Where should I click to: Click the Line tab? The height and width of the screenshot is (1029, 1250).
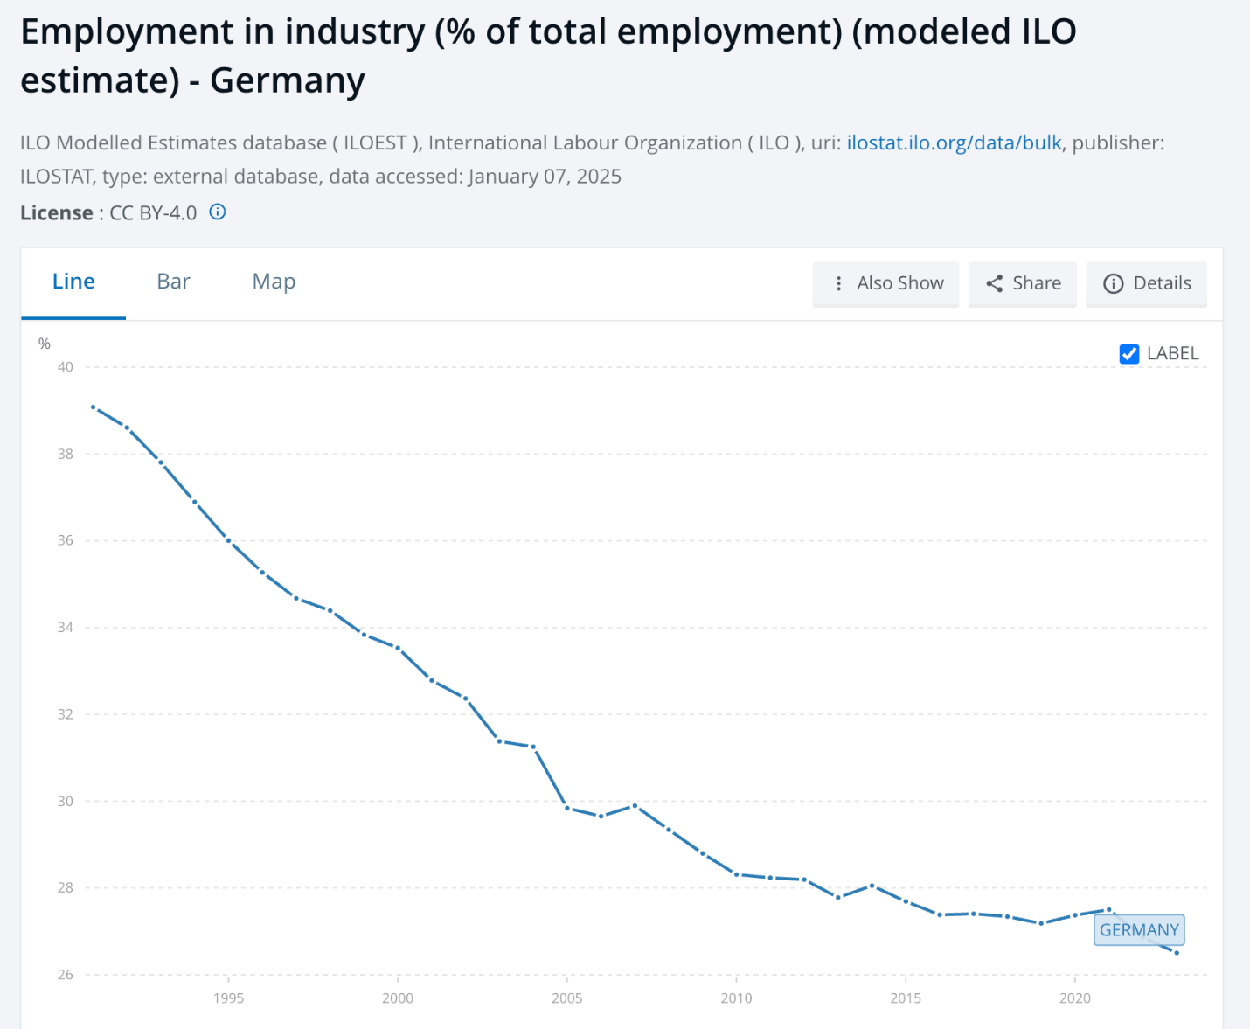coord(73,282)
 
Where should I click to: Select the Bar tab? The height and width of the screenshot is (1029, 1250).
coord(173,282)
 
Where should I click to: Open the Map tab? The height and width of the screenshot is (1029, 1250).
coord(274,282)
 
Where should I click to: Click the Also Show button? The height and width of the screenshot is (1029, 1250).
coord(885,284)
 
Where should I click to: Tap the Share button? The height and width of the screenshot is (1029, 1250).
coord(1023,284)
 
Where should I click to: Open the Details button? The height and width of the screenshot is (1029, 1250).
coord(1146,284)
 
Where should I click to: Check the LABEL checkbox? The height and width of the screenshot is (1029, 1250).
coord(1129,354)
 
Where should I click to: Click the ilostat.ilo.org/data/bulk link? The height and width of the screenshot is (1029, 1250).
coord(954,143)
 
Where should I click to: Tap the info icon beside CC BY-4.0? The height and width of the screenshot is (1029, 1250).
coord(218,212)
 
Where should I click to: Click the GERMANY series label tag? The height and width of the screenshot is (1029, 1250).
coord(1139,930)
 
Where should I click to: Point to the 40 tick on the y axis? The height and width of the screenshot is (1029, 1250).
coord(66,367)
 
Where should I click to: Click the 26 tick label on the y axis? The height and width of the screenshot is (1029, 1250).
coord(66,975)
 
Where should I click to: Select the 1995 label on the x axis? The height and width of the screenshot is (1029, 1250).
coord(228,998)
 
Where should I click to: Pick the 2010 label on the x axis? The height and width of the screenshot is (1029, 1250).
coord(736,998)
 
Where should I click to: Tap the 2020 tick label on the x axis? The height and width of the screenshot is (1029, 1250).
coord(1074,998)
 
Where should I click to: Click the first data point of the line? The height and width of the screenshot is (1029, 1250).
coord(93,407)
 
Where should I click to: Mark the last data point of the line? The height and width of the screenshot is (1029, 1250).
coord(1177,953)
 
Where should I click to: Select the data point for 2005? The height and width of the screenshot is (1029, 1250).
coord(567,808)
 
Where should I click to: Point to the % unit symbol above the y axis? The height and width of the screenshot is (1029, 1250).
coord(44,344)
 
